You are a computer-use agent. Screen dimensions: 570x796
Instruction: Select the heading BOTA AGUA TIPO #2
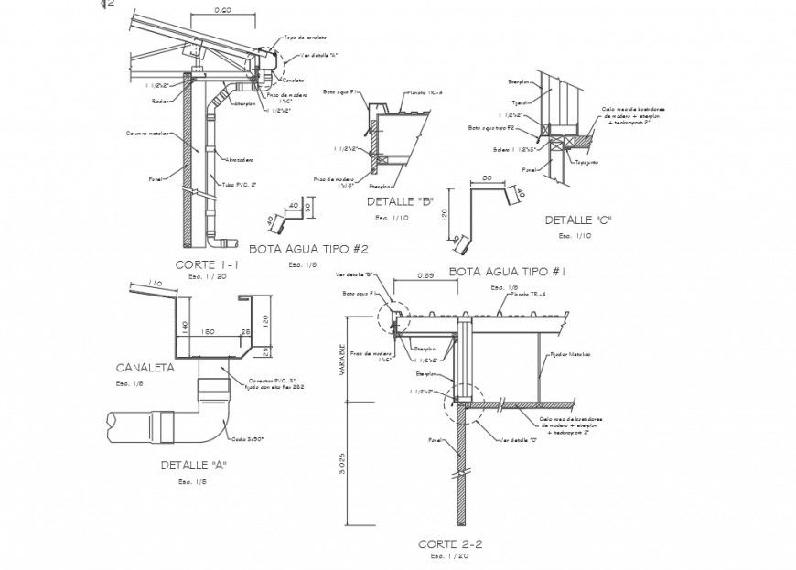309,248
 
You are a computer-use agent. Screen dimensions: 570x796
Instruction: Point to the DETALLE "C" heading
578,220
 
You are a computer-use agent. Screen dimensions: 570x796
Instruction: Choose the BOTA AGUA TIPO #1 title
509,272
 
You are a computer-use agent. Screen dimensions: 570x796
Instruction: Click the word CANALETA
145,368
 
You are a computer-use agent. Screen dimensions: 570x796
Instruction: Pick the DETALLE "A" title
194,465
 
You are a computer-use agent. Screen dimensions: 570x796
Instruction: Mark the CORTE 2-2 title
450,543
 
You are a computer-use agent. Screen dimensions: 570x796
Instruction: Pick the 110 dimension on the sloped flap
155,284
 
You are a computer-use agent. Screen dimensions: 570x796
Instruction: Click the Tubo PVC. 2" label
241,185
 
